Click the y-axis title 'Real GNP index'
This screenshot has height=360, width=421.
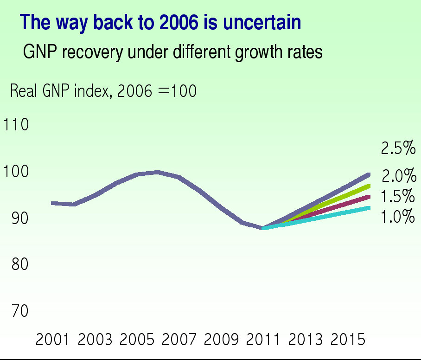click(x=60, y=91)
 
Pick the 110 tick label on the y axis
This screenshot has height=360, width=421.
click(x=16, y=125)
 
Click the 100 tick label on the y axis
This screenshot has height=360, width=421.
click(x=16, y=172)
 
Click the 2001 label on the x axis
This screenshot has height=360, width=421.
click(x=53, y=340)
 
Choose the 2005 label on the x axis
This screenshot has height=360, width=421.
click(x=137, y=340)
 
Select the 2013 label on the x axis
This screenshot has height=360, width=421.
click(x=306, y=340)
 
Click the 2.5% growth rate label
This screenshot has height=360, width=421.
click(x=398, y=148)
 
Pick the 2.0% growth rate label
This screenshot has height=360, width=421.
click(x=399, y=176)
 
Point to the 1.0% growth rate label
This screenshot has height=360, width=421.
click(x=398, y=217)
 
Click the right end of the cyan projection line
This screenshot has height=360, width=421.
click(x=369, y=208)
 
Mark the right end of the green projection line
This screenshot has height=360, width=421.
click(x=369, y=186)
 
